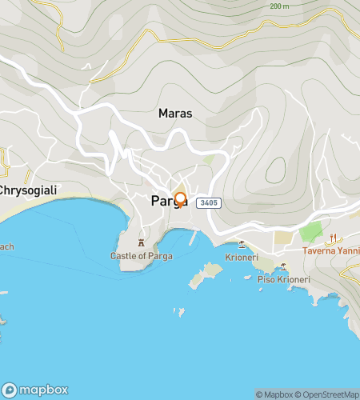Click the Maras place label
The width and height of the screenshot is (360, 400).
click(175, 114)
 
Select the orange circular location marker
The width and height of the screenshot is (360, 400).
click(180, 198)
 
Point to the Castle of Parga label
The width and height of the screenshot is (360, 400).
click(141, 256)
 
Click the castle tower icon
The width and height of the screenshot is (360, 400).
click(142, 242)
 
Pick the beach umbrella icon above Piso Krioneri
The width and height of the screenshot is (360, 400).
click(283, 266)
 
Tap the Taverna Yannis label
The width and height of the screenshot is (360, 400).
click(330, 250)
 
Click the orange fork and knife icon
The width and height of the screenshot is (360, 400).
click(334, 237)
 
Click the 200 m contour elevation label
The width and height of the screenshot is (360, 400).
click(279, 6)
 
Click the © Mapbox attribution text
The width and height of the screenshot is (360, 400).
click(274, 394)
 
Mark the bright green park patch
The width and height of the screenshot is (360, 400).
click(310, 234)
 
